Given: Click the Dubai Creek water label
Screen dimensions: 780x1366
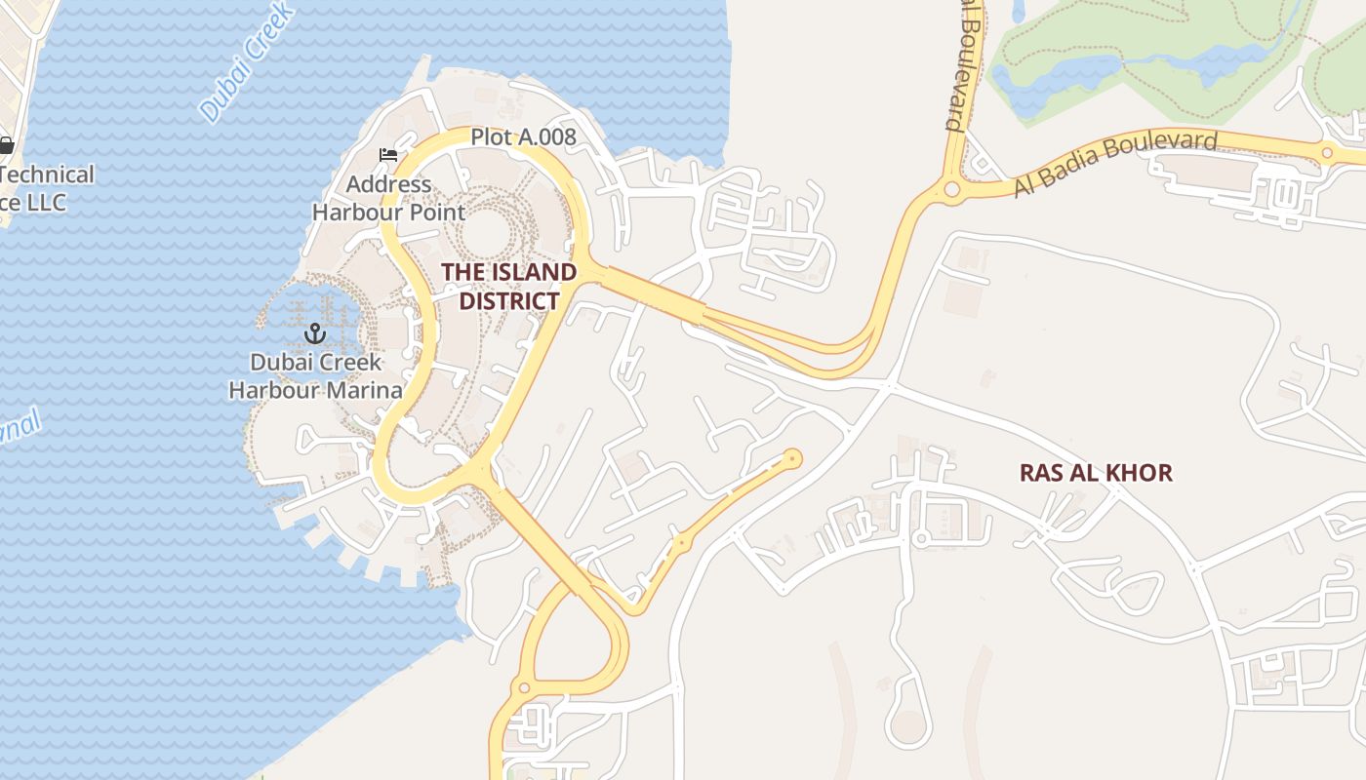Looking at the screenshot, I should pyautogui.click(x=247, y=61).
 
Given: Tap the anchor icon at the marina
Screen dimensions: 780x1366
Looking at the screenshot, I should pyautogui.click(x=314, y=334).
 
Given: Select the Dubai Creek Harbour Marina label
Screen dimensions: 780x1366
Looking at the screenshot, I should pyautogui.click(x=314, y=376).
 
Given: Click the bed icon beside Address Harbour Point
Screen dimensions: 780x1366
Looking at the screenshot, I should pyautogui.click(x=388, y=155).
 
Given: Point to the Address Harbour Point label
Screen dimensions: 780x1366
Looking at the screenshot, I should pyautogui.click(x=388, y=197).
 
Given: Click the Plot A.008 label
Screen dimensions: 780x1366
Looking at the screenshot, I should pyautogui.click(x=523, y=137).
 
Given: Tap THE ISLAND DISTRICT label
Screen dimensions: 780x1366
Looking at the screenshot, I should pyautogui.click(x=508, y=287).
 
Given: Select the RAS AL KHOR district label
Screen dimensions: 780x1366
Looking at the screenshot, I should pyautogui.click(x=1096, y=473).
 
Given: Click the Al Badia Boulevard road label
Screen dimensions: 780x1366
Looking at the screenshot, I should pyautogui.click(x=1114, y=163).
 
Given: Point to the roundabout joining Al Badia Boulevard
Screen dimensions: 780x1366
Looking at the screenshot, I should pyautogui.click(x=951, y=190).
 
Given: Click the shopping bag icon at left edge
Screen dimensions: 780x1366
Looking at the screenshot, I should pyautogui.click(x=6, y=146).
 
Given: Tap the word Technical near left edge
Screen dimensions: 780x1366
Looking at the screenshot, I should pyautogui.click(x=49, y=175).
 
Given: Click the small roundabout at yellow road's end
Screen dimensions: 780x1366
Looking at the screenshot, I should pyautogui.click(x=792, y=456).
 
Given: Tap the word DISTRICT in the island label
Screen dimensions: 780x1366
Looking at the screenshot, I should pyautogui.click(x=508, y=301).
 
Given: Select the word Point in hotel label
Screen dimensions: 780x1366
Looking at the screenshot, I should pyautogui.click(x=438, y=212).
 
